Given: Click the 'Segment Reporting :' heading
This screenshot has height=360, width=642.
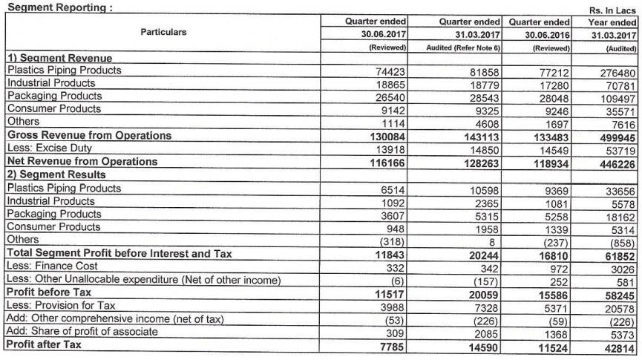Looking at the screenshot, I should pos(49,7).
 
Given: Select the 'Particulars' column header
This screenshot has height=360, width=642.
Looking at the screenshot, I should pos(163,33).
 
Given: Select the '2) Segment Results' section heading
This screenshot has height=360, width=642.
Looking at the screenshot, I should pos(56,174).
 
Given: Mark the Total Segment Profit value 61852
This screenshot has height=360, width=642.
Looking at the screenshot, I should pos(618,254).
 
